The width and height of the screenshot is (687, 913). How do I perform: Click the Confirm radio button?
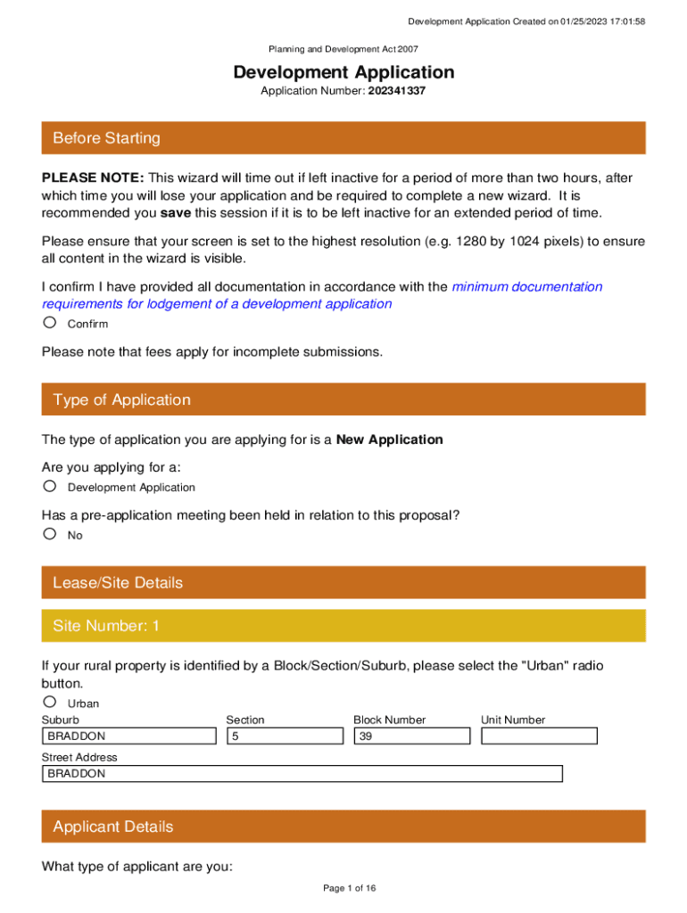tap(50, 323)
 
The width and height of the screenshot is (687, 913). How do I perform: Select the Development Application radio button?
tap(50, 486)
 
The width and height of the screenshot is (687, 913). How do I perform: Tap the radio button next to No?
tap(50, 534)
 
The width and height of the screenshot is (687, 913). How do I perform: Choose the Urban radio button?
tap(50, 702)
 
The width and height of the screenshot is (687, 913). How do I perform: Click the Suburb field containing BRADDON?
tap(129, 736)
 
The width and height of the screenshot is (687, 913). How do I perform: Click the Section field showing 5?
tap(285, 736)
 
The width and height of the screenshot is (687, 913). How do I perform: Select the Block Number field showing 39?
tap(411, 736)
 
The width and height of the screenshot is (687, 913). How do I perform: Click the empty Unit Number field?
tap(539, 736)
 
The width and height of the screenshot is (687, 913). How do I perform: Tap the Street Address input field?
tap(302, 774)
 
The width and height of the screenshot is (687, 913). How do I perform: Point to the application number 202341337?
tap(396, 91)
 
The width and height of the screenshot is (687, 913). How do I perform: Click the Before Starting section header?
tap(343, 138)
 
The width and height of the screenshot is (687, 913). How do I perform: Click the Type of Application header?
tap(343, 399)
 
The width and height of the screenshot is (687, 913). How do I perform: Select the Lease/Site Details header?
tap(343, 583)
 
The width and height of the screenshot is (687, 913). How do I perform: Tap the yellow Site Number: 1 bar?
tap(343, 626)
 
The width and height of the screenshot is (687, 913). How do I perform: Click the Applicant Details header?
tap(343, 827)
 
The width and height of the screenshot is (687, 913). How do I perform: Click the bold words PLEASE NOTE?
tap(93, 177)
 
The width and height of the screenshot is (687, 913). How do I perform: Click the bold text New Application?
tap(389, 440)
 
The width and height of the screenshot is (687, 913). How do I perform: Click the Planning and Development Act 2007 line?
tap(343, 50)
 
